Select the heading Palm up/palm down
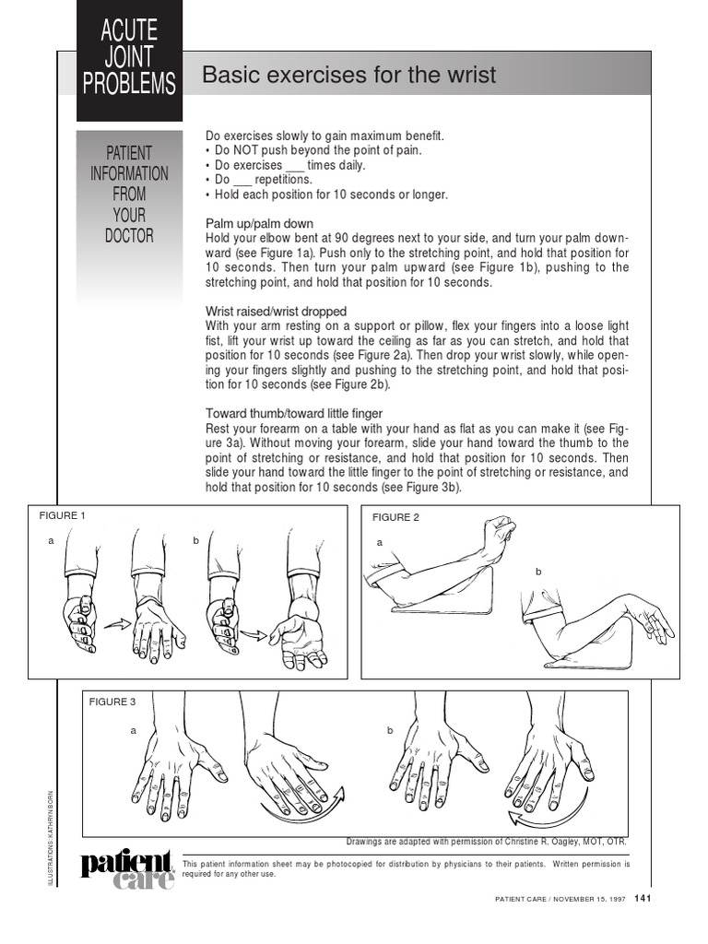pyautogui.click(x=259, y=224)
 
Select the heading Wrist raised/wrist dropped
pyautogui.click(x=276, y=311)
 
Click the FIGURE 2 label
pyautogui.click(x=396, y=518)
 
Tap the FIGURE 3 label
pyautogui.click(x=112, y=702)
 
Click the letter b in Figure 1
pyautogui.click(x=196, y=541)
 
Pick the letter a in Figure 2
pyautogui.click(x=379, y=543)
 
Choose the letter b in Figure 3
pyautogui.click(x=390, y=730)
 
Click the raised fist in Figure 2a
pyautogui.click(x=499, y=537)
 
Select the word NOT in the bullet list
pyautogui.click(x=243, y=150)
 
